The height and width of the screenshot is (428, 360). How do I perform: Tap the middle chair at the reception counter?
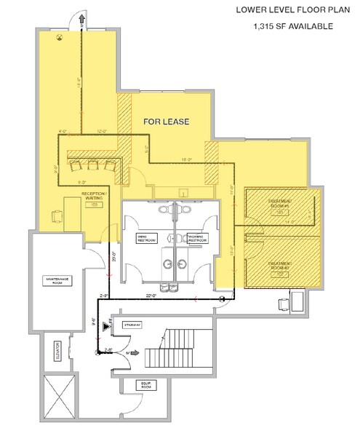pyautogui.click(x=93, y=165)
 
